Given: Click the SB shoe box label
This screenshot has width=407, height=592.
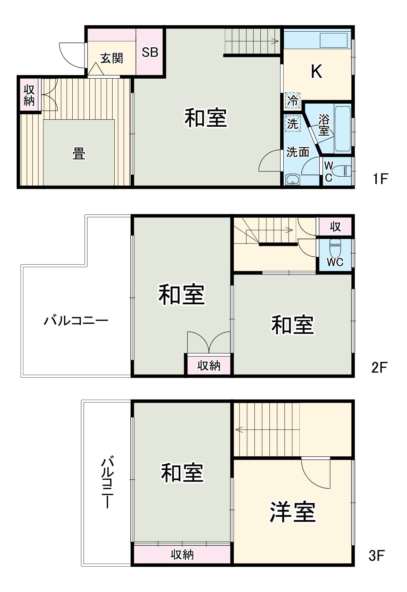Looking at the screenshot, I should (x=150, y=52).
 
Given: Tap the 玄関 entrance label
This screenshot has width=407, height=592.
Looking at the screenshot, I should (x=112, y=58).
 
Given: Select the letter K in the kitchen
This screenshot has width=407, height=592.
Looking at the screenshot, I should (x=316, y=72).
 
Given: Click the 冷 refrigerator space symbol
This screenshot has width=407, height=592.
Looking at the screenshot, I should (x=293, y=100).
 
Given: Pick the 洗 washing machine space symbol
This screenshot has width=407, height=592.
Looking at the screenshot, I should (x=292, y=123).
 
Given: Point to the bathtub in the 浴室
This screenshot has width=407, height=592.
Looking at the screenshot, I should (x=342, y=129).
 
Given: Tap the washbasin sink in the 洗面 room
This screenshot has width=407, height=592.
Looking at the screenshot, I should (x=292, y=180).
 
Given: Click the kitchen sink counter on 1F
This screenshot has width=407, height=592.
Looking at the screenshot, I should (x=334, y=40).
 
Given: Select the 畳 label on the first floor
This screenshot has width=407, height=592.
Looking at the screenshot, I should (x=79, y=153).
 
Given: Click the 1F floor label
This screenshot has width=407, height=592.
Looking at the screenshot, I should (x=380, y=179).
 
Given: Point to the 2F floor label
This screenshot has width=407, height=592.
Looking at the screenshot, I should (x=379, y=367).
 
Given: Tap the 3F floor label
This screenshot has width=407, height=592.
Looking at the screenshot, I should (x=377, y=556).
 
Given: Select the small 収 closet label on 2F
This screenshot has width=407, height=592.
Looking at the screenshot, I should (x=335, y=227).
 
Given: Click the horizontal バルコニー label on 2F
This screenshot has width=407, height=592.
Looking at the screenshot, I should (x=76, y=320).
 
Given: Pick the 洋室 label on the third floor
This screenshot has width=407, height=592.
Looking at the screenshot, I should (x=293, y=512).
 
